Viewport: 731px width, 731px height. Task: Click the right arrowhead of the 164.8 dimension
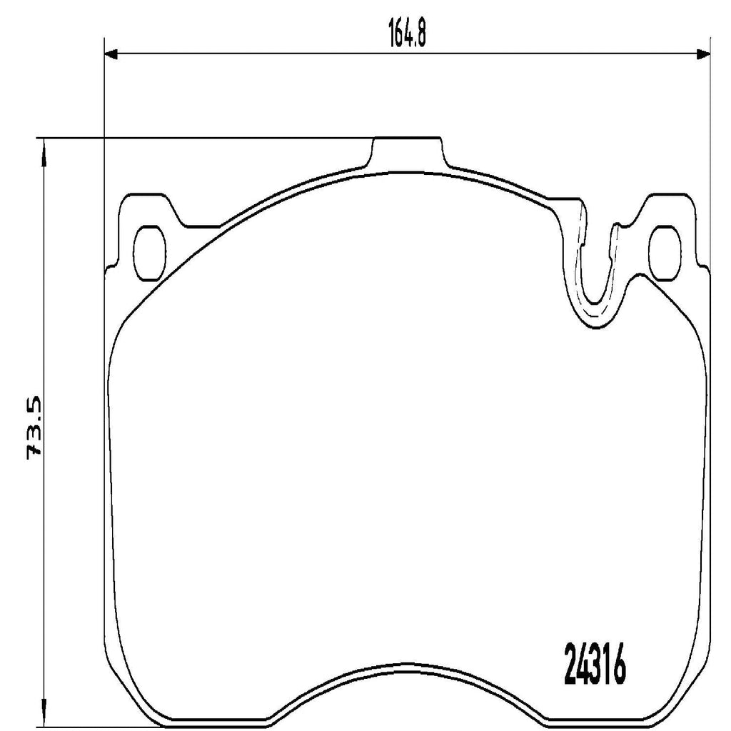click(704, 54)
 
